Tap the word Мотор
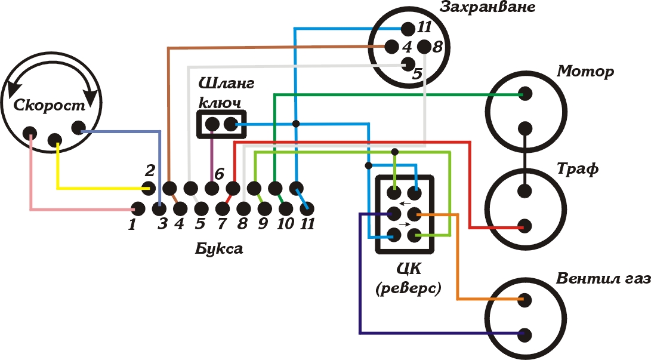[x=585, y=72]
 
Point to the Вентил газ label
[x=602, y=279]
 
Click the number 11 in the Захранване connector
[x=424, y=27]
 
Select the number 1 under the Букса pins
[x=132, y=225]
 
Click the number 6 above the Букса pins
[x=219, y=174]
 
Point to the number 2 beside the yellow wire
[x=150, y=170]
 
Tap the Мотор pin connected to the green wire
[x=525, y=94]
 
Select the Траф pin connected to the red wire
[x=525, y=226]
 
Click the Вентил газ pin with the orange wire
[x=525, y=300]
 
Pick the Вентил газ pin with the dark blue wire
[x=525, y=334]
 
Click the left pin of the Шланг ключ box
[x=212, y=125]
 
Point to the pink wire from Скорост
[x=31, y=179]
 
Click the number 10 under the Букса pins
[x=285, y=225]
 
